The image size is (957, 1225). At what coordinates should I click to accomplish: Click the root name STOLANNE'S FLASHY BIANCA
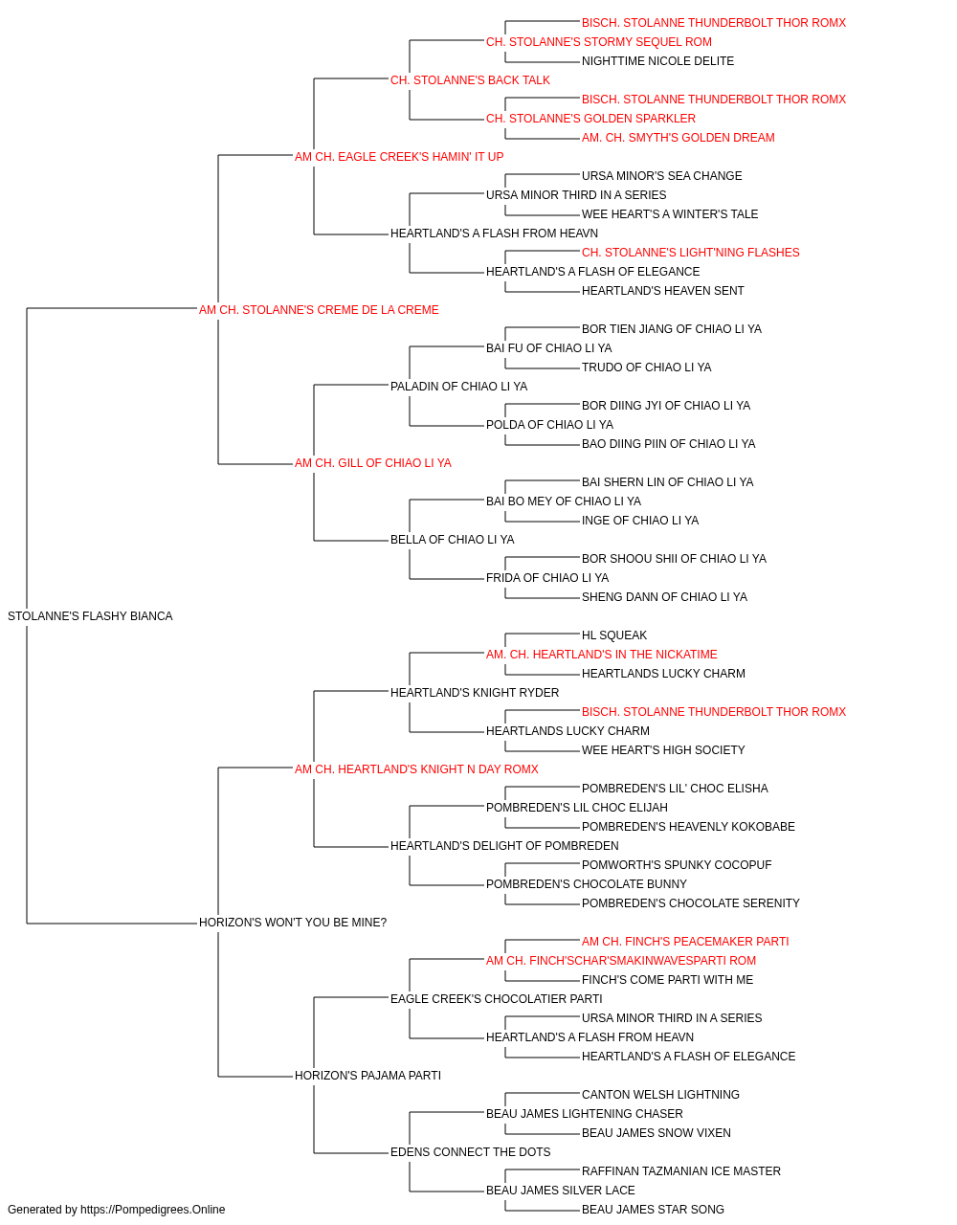pos(90,616)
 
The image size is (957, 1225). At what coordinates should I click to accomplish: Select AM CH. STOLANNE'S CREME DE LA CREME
pos(319,310)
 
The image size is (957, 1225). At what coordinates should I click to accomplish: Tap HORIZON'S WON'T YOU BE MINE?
pos(293,923)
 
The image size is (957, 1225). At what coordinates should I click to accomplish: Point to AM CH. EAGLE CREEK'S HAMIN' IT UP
pos(399,157)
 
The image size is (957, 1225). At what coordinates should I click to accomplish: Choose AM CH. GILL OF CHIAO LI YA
pos(373,463)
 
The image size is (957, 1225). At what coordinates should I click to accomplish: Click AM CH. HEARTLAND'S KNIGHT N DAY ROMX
pos(416,768)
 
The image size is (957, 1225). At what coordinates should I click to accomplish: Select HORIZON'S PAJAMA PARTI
pos(368,1076)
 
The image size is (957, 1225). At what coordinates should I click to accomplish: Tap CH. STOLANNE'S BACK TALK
pos(470,80)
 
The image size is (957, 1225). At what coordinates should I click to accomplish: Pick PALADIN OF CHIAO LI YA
pos(458,386)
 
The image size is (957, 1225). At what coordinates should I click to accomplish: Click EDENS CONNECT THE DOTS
pos(471,1152)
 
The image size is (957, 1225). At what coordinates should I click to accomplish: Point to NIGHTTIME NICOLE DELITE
pos(657,61)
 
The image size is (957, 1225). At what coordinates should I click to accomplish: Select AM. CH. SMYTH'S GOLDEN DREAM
pos(678,138)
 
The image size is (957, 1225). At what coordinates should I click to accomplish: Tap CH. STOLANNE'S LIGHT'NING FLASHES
pos(690,253)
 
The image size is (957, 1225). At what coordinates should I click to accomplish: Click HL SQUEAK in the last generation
pos(614,635)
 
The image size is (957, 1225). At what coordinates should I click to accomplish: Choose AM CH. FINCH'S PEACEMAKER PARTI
pos(685,942)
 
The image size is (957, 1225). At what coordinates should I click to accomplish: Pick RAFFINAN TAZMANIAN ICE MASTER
pos(681,1171)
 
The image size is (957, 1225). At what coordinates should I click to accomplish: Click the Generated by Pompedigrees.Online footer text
pos(116,1210)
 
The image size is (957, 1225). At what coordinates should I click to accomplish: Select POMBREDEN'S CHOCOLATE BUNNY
pos(586,884)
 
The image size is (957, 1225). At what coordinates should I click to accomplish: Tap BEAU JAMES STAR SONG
pos(654,1210)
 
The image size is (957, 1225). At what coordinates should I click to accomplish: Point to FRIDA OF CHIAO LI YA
pos(547,578)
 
